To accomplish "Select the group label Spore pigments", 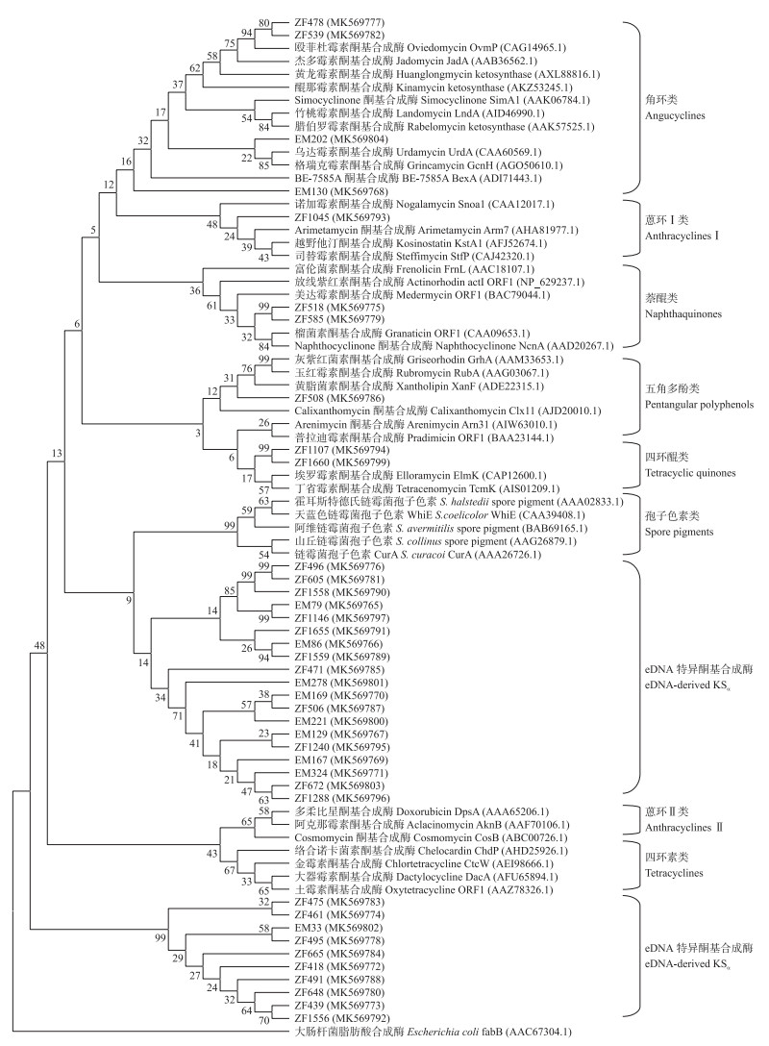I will pyautogui.click(x=682, y=531).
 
